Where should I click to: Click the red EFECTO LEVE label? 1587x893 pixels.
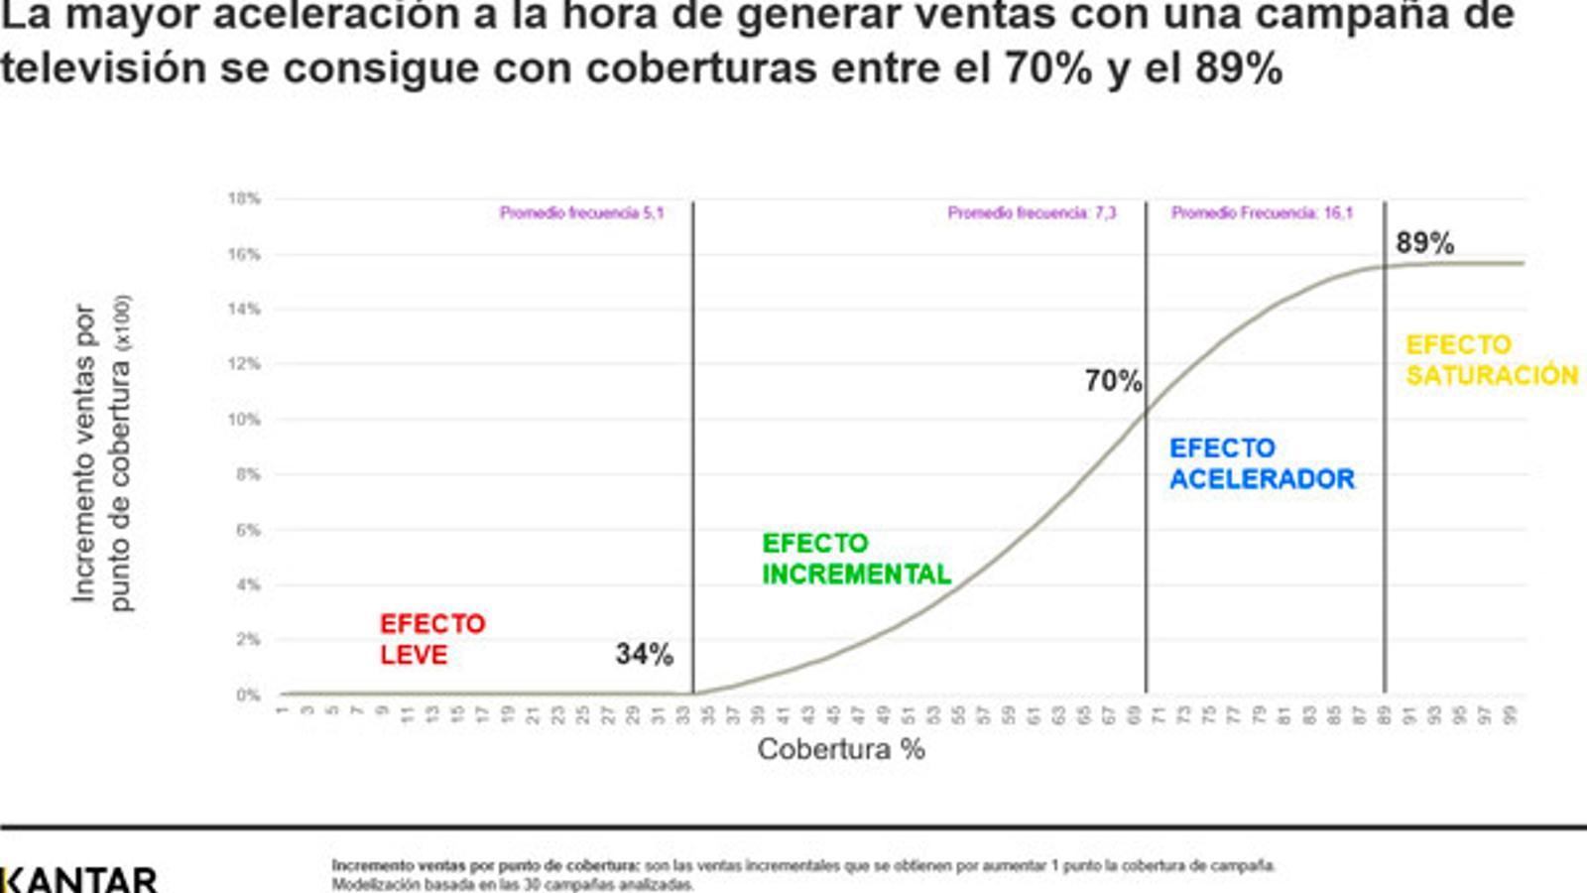pyautogui.click(x=432, y=639)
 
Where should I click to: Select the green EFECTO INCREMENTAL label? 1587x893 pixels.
pyautogui.click(x=855, y=559)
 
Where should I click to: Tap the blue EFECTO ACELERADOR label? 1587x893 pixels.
pyautogui.click(x=1261, y=463)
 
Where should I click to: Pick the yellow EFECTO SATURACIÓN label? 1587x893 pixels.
pyautogui.click(x=1491, y=360)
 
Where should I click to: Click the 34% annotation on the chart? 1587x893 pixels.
pyautogui.click(x=644, y=654)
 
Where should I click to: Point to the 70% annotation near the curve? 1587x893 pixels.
pyautogui.click(x=1113, y=381)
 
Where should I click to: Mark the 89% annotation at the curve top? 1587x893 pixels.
pyautogui.click(x=1424, y=243)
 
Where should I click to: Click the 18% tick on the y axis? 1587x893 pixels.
pyautogui.click(x=244, y=198)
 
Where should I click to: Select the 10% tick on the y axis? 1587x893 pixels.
pyautogui.click(x=244, y=420)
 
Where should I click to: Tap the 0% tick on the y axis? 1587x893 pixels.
pyautogui.click(x=248, y=696)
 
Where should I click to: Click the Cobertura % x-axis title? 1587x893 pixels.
pyautogui.click(x=841, y=749)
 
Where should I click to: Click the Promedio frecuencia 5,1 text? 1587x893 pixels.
pyautogui.click(x=581, y=213)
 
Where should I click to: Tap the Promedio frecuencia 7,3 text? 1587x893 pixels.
pyautogui.click(x=1032, y=213)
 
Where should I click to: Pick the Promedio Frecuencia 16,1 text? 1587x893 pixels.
pyautogui.click(x=1262, y=213)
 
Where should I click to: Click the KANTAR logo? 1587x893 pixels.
pyautogui.click(x=79, y=879)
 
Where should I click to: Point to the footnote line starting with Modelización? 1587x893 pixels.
pyautogui.click(x=512, y=884)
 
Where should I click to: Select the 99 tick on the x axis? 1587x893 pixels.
pyautogui.click(x=1511, y=714)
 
